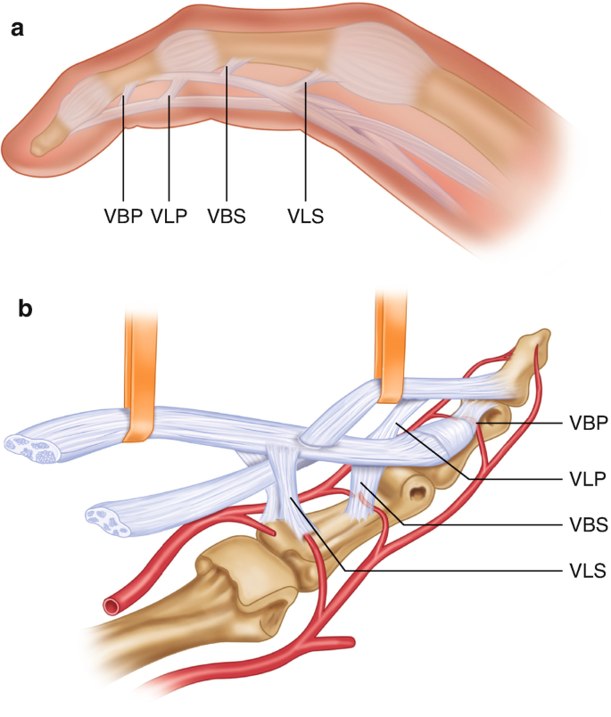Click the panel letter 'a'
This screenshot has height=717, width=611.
click(16, 29)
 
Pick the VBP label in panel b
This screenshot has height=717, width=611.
click(586, 424)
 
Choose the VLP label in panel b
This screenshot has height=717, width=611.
click(585, 478)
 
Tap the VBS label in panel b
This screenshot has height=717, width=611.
click(586, 525)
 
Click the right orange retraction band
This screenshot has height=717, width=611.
click(390, 352)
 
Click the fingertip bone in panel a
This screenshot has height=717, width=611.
click(44, 139)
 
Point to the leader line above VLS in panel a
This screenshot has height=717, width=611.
click(305, 143)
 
